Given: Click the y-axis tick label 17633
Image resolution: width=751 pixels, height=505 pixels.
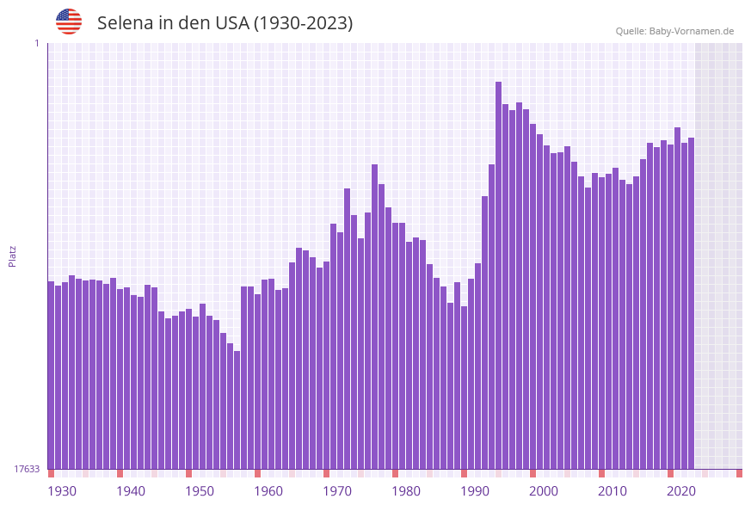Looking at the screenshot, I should point(27,469).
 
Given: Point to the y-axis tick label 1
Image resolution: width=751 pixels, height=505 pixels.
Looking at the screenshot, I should point(36,43).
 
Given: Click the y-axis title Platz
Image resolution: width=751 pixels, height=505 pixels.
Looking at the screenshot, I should point(13,256).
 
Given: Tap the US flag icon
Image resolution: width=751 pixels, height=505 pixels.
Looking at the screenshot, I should point(69,22).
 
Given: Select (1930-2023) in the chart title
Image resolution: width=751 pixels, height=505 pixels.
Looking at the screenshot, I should point(303,23).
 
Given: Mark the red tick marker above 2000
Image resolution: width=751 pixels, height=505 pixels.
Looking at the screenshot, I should point(533,473).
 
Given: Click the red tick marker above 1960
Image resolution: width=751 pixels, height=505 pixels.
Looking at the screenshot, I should point(258,473).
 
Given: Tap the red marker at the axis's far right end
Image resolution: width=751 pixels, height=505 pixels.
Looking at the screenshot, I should point(739,473).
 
